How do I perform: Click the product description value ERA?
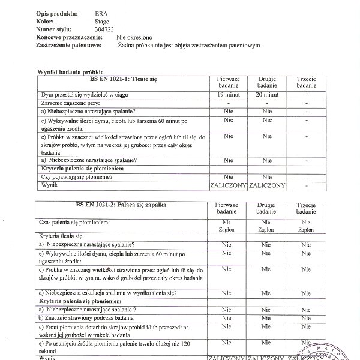click(102, 12)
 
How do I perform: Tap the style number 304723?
click(106, 29)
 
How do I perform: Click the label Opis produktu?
click(56, 12)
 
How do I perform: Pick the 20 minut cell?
click(267, 95)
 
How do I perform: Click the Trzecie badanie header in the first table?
click(306, 83)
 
